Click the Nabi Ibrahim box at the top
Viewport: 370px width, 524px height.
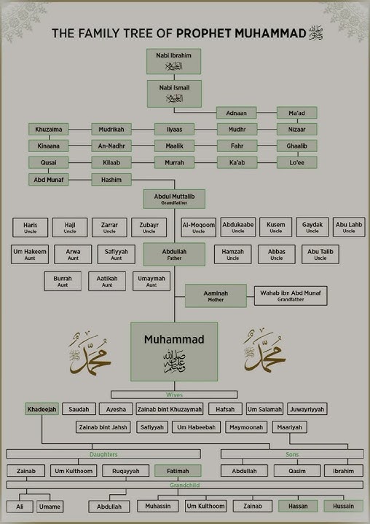(173, 61)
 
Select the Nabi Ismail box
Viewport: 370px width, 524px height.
(173, 92)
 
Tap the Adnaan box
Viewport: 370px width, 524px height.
(236, 113)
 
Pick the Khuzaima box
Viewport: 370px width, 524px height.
(48, 130)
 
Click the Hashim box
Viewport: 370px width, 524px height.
(111, 179)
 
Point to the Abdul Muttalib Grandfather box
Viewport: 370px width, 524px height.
(174, 198)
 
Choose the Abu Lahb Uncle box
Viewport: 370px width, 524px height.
(349, 228)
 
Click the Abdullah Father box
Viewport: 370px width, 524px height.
(174, 254)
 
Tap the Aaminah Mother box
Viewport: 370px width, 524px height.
(216, 295)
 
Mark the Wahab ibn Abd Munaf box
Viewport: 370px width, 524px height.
(290, 295)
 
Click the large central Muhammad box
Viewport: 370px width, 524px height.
(174, 351)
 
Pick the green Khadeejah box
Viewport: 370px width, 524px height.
(41, 409)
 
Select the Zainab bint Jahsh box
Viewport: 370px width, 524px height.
(103, 427)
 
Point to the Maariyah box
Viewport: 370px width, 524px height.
(289, 427)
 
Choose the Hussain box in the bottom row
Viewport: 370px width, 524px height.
(344, 506)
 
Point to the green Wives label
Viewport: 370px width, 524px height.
(173, 395)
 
